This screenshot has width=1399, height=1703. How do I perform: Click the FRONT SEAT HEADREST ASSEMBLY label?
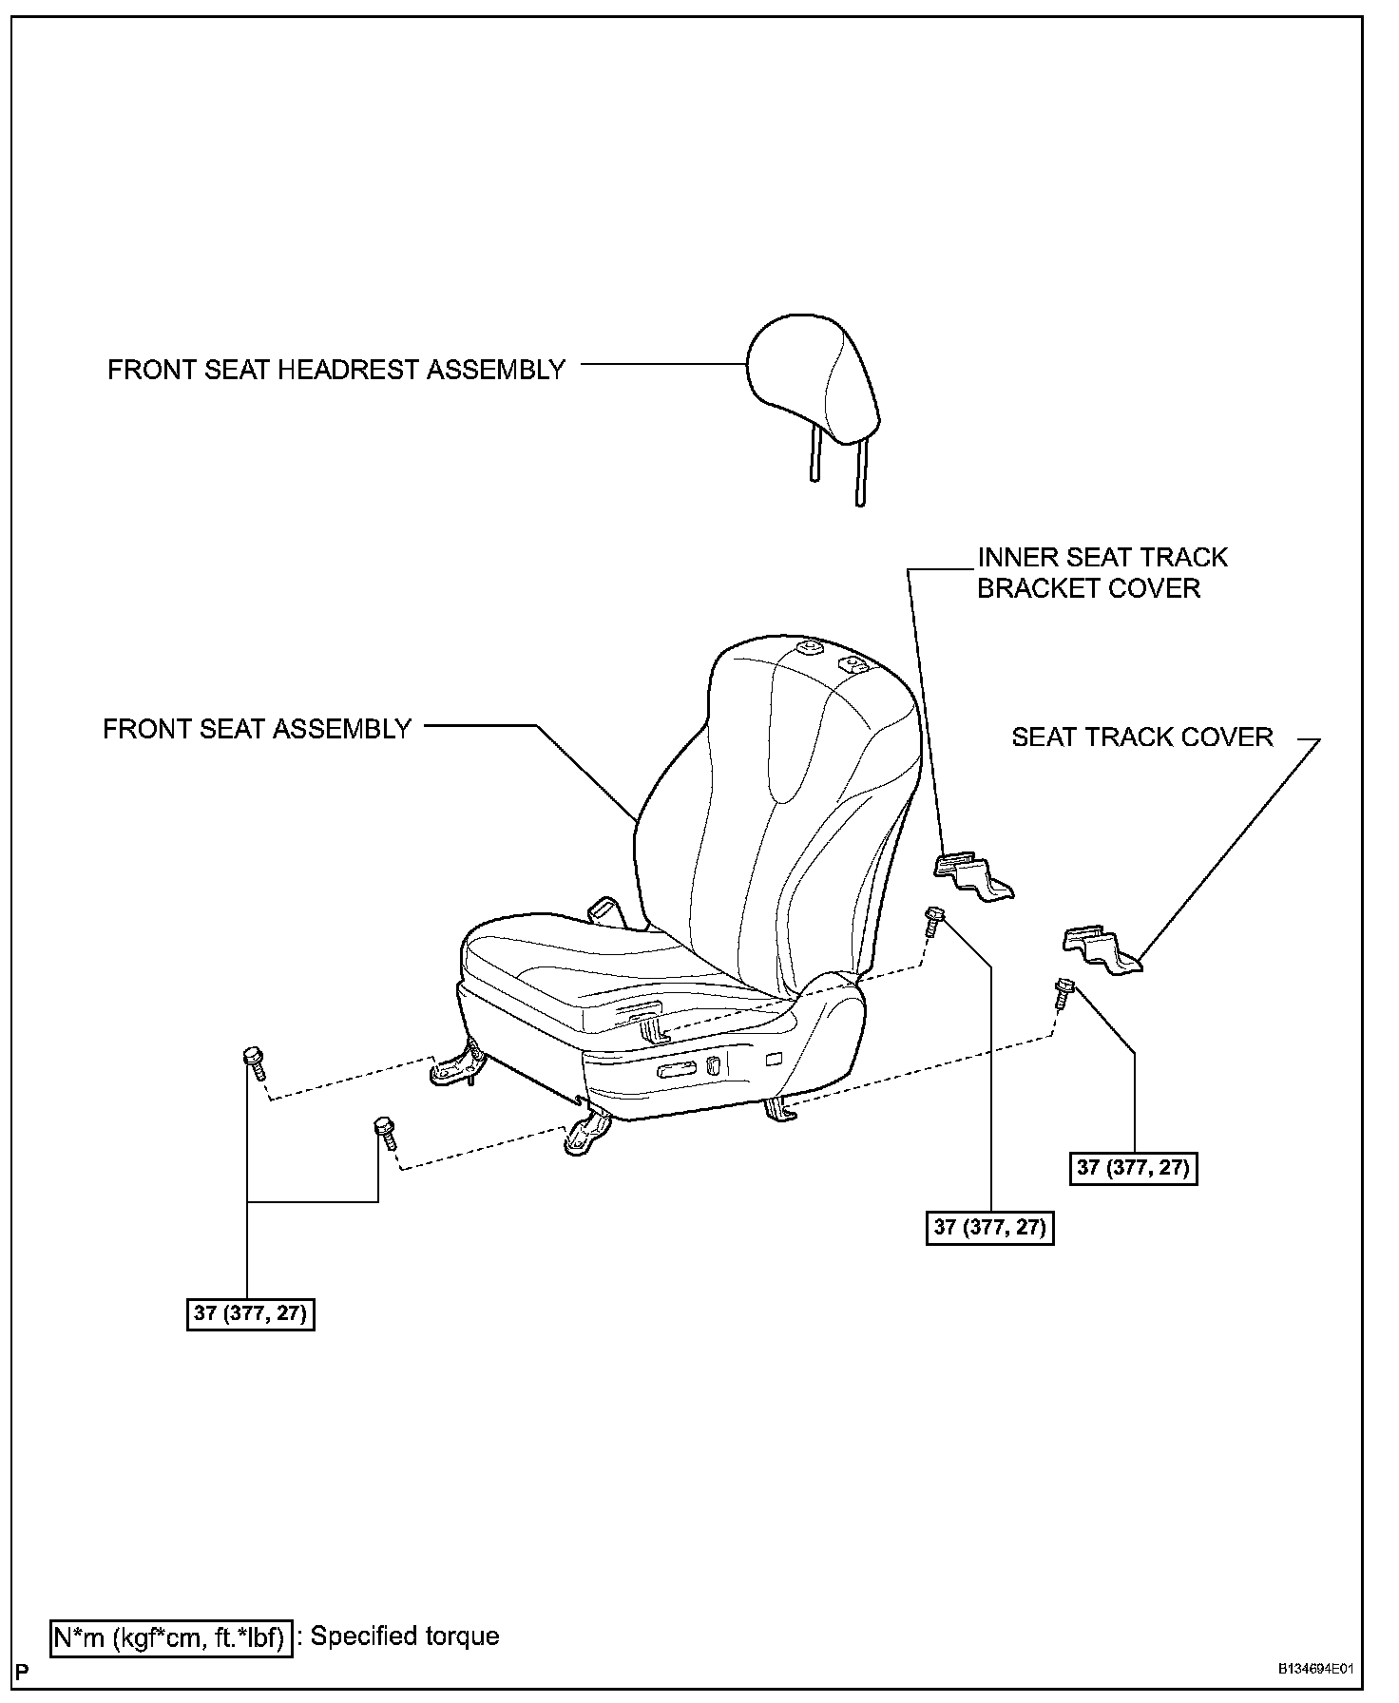click(x=336, y=370)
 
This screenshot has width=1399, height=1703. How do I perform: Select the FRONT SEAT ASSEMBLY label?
click(x=257, y=729)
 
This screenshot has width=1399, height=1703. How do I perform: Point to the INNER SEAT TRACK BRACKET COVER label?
click(x=1102, y=572)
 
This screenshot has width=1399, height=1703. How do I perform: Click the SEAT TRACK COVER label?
click(x=1141, y=737)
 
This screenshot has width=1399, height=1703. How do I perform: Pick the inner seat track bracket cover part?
click(x=973, y=876)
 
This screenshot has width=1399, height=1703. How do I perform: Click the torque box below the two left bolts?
click(x=251, y=1314)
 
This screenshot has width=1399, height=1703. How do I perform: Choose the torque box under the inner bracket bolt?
click(x=990, y=1227)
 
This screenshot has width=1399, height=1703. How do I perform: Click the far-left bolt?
click(x=255, y=1062)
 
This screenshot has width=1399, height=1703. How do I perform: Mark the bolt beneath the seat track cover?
click(x=1062, y=993)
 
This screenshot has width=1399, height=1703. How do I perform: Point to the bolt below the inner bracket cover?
click(x=934, y=920)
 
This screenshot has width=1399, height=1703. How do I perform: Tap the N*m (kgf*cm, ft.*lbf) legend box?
click(x=170, y=1638)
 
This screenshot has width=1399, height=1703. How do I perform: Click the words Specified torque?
click(x=404, y=1636)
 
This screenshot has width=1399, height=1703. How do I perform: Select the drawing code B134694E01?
click(x=1315, y=1671)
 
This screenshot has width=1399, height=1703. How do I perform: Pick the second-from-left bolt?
click(x=385, y=1132)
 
